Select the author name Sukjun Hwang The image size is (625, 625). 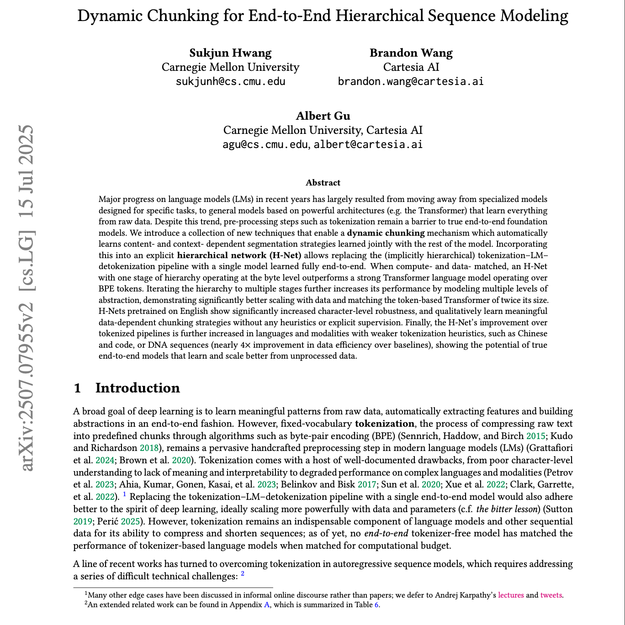(x=230, y=53)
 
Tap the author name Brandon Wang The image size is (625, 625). (x=411, y=53)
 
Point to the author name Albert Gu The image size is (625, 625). (x=323, y=116)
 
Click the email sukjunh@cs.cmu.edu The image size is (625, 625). (x=230, y=82)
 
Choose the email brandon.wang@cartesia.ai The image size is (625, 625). (x=410, y=82)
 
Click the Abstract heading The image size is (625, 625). (x=323, y=183)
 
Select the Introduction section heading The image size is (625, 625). (x=137, y=388)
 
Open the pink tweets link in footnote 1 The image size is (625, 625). (x=551, y=595)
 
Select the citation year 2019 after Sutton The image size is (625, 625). (x=82, y=521)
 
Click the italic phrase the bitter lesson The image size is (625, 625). (x=508, y=509)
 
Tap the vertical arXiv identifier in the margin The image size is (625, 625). (x=26, y=297)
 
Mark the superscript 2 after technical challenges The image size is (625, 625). (x=243, y=574)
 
